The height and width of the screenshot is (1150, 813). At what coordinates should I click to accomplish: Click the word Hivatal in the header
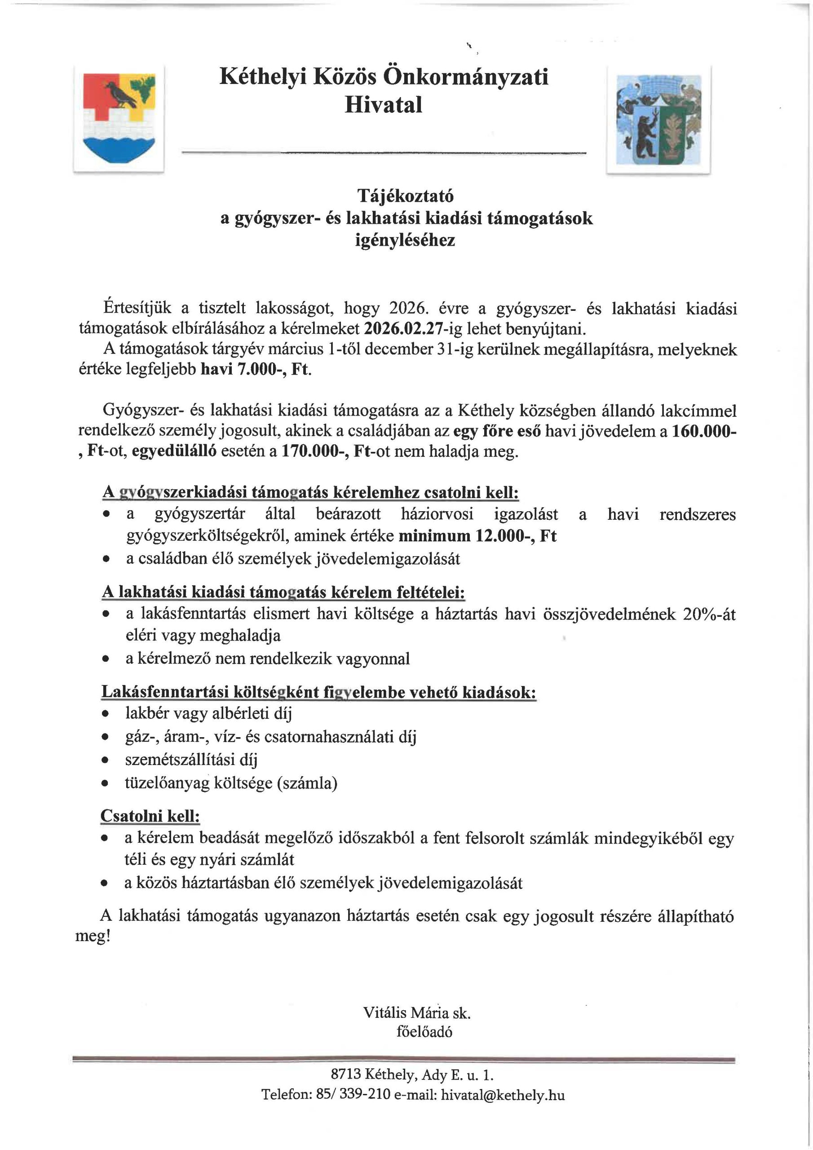click(x=383, y=105)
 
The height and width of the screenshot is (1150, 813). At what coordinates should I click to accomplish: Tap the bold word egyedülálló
click(x=174, y=451)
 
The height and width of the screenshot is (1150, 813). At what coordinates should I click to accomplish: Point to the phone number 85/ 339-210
click(x=353, y=1095)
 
